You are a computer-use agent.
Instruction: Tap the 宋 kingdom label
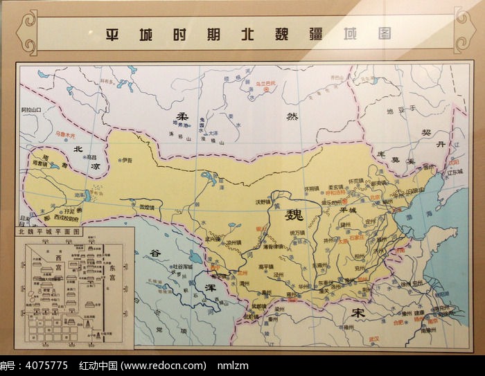pyautogui.click(x=358, y=314)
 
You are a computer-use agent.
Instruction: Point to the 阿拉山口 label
pyautogui.click(x=31, y=109)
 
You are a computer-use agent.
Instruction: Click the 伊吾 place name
pyautogui.click(x=126, y=160)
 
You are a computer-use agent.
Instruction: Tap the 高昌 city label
pyautogui.click(x=92, y=157)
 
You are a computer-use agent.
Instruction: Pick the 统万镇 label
pyautogui.click(x=297, y=232)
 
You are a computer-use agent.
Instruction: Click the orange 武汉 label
pyautogui.click(x=373, y=337)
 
